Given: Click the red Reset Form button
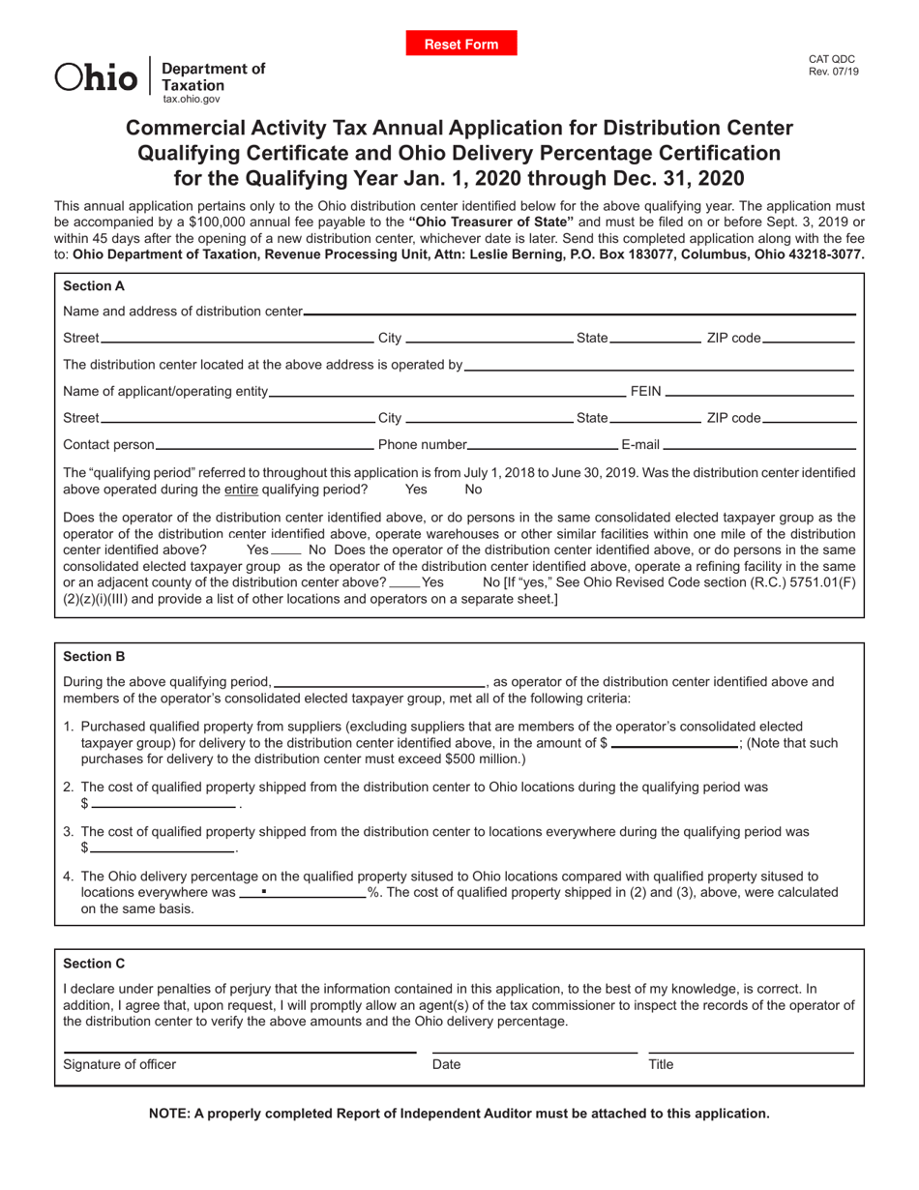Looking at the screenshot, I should click(x=461, y=44).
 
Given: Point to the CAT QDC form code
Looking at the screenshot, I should click(x=831, y=59).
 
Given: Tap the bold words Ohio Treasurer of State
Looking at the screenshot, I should click(x=497, y=222).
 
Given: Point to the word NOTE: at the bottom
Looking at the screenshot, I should click(x=170, y=1114).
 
